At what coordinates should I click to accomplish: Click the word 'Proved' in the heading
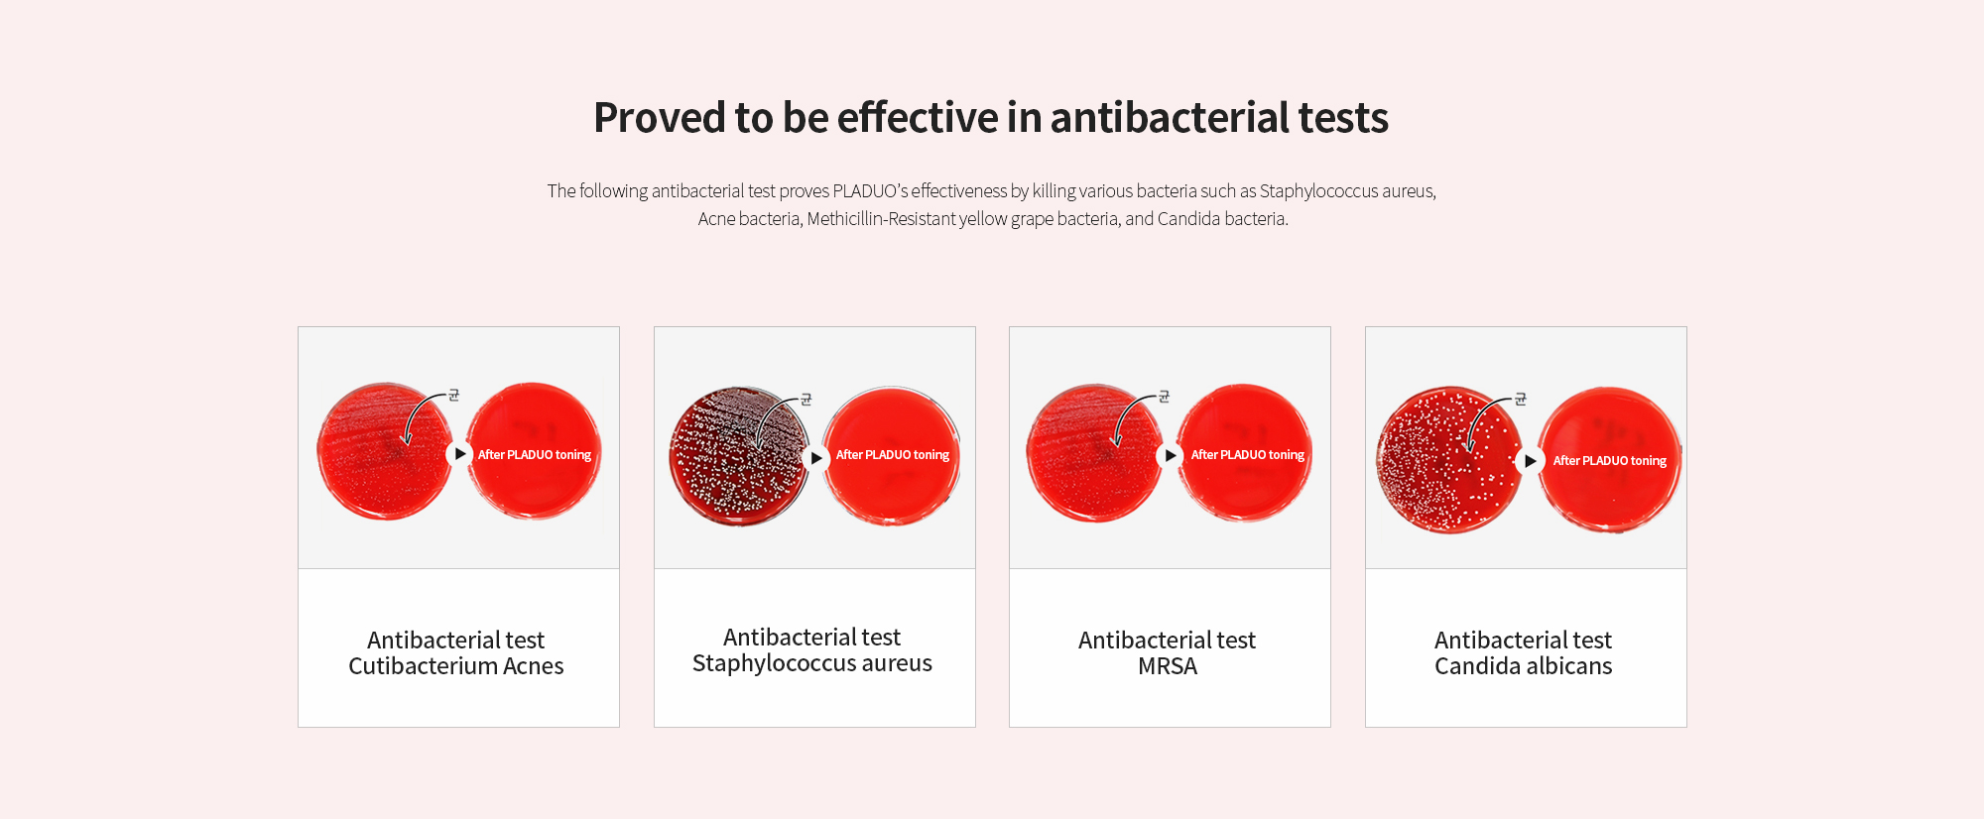click(659, 118)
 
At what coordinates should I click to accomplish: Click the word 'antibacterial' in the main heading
click(1170, 117)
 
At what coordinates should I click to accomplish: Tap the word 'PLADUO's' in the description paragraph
click(870, 190)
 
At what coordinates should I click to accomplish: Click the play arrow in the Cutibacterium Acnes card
click(459, 454)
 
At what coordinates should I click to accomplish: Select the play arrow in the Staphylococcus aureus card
click(815, 458)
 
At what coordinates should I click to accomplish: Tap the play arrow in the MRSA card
click(1171, 455)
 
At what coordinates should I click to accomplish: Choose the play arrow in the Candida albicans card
click(1530, 461)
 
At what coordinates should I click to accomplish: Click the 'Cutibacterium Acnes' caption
click(456, 666)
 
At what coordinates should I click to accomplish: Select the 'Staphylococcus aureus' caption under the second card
click(812, 663)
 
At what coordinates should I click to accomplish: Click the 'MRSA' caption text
click(1168, 666)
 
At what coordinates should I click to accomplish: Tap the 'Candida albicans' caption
click(1524, 666)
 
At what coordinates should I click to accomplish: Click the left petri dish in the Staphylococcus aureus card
click(740, 456)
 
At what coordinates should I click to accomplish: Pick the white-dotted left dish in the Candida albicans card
click(1449, 460)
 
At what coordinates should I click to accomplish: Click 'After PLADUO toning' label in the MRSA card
click(1248, 454)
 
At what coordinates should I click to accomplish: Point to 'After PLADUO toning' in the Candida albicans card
click(1610, 460)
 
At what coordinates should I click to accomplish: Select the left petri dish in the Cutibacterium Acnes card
click(386, 451)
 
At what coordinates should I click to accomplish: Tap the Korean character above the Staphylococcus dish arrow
click(806, 400)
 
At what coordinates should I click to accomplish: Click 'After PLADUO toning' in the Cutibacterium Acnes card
click(535, 454)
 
